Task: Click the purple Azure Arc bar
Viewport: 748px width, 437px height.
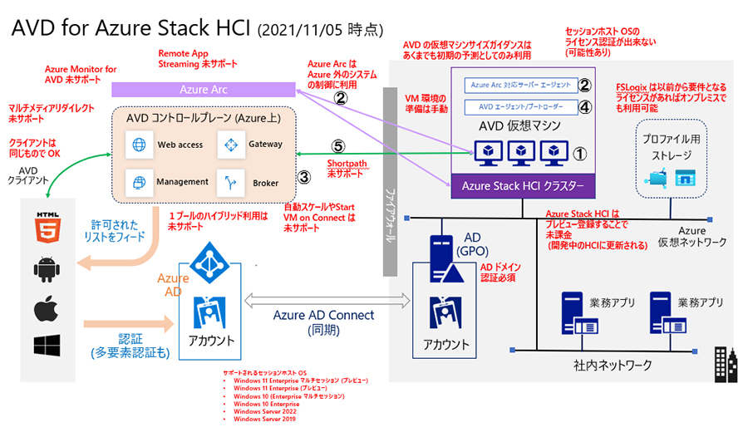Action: tap(204, 89)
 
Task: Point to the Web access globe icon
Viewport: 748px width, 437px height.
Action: tap(138, 145)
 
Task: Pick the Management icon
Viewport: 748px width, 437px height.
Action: tap(138, 181)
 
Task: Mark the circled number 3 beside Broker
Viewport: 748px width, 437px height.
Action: tap(304, 177)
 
